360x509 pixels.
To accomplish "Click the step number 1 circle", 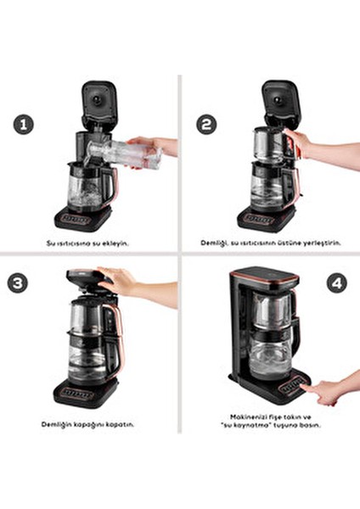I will (25, 124).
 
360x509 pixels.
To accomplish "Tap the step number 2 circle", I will (206, 124).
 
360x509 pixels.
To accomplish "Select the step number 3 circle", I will (19, 282).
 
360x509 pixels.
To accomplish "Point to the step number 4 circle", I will (336, 283).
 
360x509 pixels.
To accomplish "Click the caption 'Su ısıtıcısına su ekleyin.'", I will (87, 243).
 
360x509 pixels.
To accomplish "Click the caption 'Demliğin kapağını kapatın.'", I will (87, 423).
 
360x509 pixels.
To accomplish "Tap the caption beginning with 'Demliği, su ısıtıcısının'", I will (269, 243).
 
